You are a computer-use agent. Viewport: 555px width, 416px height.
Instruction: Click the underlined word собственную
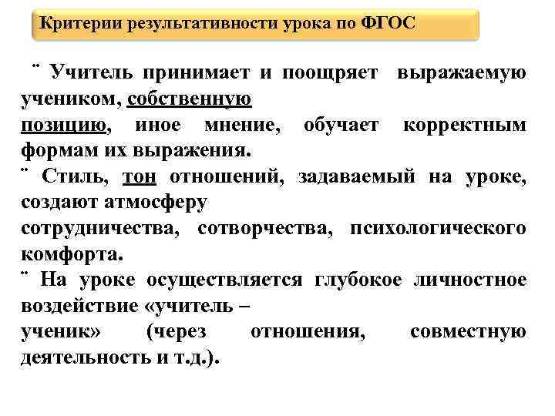pyautogui.click(x=189, y=99)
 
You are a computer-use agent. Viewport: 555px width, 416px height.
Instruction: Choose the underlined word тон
pyautogui.click(x=140, y=176)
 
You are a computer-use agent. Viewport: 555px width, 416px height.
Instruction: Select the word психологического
pyautogui.click(x=438, y=229)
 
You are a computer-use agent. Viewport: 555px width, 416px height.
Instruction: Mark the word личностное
pyautogui.click(x=471, y=280)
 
